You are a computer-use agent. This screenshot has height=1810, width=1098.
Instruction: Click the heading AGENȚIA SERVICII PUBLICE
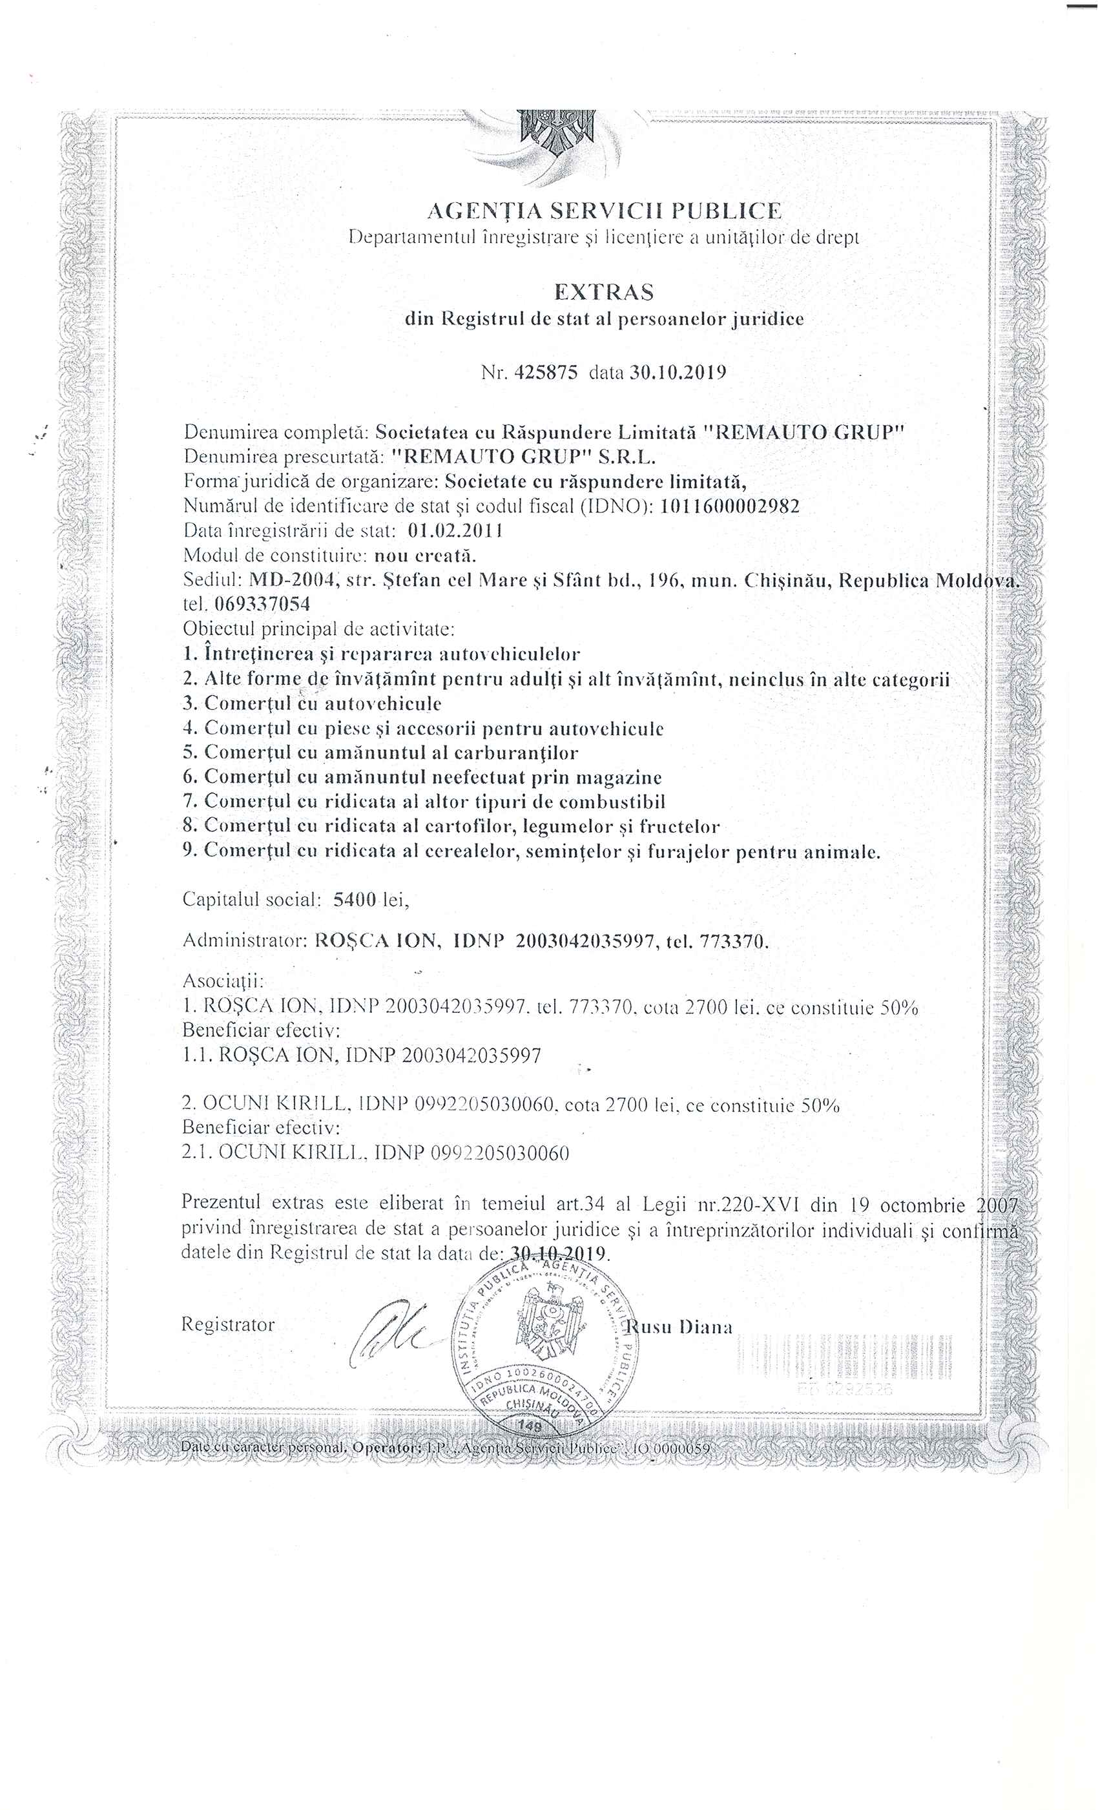[605, 212]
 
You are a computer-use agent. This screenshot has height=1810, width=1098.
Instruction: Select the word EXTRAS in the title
[604, 293]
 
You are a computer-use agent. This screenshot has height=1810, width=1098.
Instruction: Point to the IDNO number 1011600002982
[730, 506]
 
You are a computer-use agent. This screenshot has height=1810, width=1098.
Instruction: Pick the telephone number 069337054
[262, 605]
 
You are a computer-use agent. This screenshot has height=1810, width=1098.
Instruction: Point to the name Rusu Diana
[679, 1327]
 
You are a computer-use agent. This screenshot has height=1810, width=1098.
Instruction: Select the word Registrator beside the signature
[228, 1324]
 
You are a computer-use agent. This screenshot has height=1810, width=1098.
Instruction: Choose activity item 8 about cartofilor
[451, 826]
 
